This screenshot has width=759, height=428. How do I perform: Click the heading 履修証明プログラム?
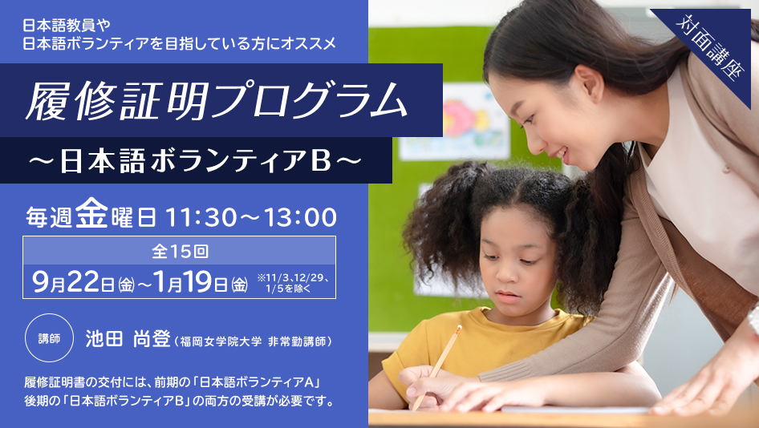[216, 101]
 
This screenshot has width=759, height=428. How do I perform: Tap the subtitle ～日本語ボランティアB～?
[196, 161]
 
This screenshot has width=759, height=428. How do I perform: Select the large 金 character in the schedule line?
[91, 212]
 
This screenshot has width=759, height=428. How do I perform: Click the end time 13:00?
[300, 217]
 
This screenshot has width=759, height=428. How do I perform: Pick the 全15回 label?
[180, 251]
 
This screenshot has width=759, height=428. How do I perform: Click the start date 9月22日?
[73, 281]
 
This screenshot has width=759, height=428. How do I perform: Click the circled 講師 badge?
[49, 338]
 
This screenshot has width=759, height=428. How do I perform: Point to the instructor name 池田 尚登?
[128, 339]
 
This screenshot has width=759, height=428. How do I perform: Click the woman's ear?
[590, 83]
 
